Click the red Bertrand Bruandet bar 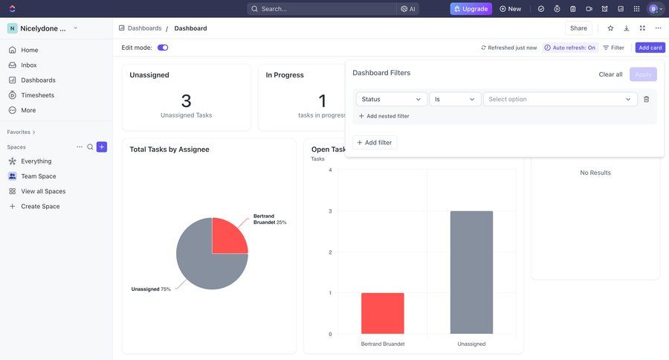click(x=383, y=313)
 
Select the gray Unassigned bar click(x=471, y=272)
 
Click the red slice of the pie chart click(x=228, y=237)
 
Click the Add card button click(x=650, y=48)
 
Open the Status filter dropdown click(x=392, y=99)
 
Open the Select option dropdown click(x=560, y=99)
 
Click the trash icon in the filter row click(x=647, y=99)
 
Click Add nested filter click(x=384, y=116)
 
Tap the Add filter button click(x=375, y=142)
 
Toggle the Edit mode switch click(x=163, y=48)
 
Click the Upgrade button click(x=471, y=9)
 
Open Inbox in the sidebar click(x=29, y=65)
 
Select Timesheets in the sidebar click(x=37, y=95)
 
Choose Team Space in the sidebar click(x=39, y=176)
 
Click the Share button click(x=578, y=28)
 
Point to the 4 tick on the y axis click(x=330, y=170)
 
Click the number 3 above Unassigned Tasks click(x=186, y=100)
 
